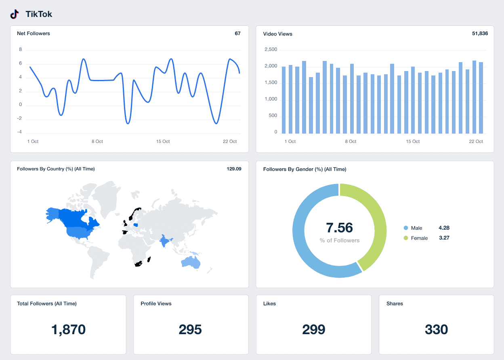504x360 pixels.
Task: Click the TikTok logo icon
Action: (x=15, y=14)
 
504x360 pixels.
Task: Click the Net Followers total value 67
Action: (x=237, y=33)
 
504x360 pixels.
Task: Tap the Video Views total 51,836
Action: (x=480, y=33)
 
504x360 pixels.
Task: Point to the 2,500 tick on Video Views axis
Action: (x=271, y=50)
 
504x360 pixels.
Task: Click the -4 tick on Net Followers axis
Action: (x=20, y=132)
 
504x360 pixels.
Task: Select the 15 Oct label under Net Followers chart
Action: (x=163, y=142)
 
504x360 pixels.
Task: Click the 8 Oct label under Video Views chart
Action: (x=350, y=142)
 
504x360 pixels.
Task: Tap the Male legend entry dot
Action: (x=406, y=228)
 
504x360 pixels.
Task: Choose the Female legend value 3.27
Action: (x=444, y=238)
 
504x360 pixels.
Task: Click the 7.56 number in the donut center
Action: (x=339, y=228)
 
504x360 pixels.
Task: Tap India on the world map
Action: (x=165, y=242)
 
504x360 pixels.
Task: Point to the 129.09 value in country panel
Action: (x=234, y=169)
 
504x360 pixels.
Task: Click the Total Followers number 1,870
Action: (x=68, y=330)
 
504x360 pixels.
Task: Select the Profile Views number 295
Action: (x=190, y=330)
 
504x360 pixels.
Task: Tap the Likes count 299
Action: (x=313, y=330)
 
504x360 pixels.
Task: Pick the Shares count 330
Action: (x=436, y=330)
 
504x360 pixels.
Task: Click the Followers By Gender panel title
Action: (x=304, y=169)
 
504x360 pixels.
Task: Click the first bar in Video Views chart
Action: (x=283, y=100)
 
